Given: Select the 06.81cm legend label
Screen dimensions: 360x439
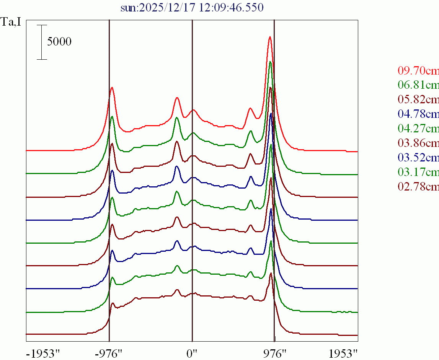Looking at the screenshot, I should pyautogui.click(x=418, y=85).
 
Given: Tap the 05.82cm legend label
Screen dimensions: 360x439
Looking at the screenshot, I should pyautogui.click(x=418, y=99).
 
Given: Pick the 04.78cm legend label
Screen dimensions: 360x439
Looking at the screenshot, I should pyautogui.click(x=418, y=114).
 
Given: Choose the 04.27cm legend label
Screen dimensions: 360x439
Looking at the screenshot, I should pyautogui.click(x=418, y=129).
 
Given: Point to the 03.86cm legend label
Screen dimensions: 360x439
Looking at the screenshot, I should pyautogui.click(x=418, y=143).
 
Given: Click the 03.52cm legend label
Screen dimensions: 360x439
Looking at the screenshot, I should pyautogui.click(x=418, y=158).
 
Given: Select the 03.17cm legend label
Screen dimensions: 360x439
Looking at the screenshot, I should pyautogui.click(x=418, y=172).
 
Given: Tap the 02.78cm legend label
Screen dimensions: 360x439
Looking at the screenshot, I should pyautogui.click(x=418, y=187).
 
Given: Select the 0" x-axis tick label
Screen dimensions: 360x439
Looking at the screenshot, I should pyautogui.click(x=192, y=353).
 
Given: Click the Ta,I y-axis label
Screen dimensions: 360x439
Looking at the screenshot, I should pyautogui.click(x=11, y=23).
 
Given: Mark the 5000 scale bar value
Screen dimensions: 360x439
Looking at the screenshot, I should pyautogui.click(x=59, y=42).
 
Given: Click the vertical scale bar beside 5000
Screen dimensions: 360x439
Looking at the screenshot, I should pyautogui.click(x=42, y=42).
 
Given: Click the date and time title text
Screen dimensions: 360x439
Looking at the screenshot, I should pyautogui.click(x=192, y=7).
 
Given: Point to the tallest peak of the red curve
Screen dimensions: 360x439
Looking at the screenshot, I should pyautogui.click(x=270, y=37).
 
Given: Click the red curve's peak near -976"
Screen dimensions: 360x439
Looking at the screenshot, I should pyautogui.click(x=112, y=88).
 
